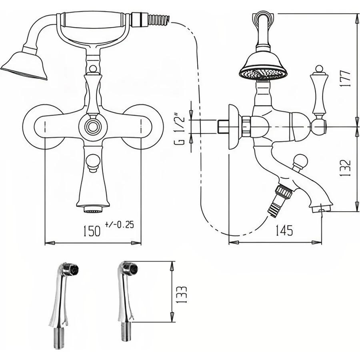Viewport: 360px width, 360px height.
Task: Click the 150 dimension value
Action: pos(92,231)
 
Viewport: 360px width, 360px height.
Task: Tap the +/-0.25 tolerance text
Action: pos(119,224)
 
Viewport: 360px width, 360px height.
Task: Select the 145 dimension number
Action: pos(284,230)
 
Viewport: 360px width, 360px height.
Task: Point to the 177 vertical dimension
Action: pos(345,78)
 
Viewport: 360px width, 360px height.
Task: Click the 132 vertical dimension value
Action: pos(345,168)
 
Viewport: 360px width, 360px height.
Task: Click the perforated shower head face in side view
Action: pos(263,73)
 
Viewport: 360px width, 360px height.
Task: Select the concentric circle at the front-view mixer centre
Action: pos(93,126)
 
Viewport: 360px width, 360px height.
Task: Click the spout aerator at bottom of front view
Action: pos(93,209)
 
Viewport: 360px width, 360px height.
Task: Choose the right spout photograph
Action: pos(128,301)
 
